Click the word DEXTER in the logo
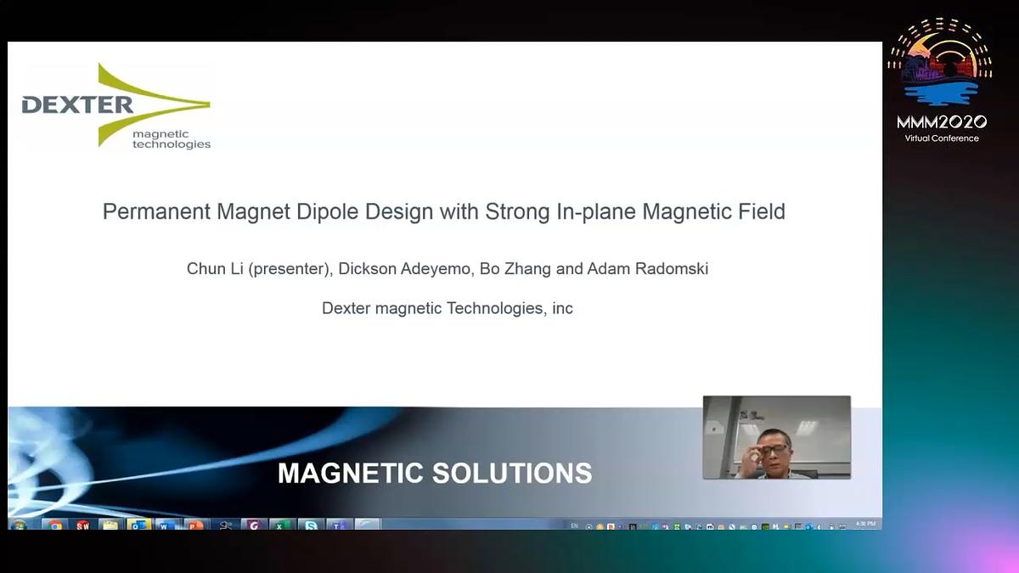(x=77, y=105)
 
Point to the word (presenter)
(x=290, y=269)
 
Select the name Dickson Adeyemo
(x=405, y=269)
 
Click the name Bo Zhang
(x=515, y=269)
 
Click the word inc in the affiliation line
(x=562, y=308)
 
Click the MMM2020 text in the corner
(x=941, y=122)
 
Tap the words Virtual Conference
(x=941, y=138)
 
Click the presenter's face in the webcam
(x=774, y=448)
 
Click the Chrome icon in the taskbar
(x=55, y=525)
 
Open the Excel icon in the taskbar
(x=281, y=525)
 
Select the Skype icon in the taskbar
(x=312, y=525)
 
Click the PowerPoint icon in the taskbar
(x=194, y=525)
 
